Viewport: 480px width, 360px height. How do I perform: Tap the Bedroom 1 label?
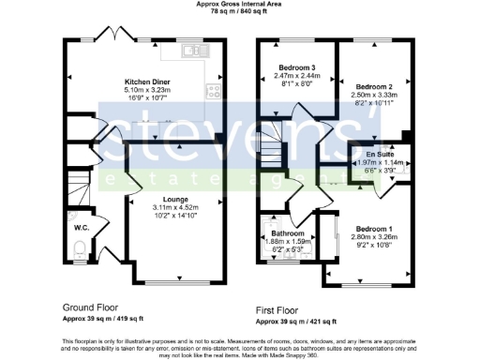point(376,228)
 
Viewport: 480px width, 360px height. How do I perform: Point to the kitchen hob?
point(213,91)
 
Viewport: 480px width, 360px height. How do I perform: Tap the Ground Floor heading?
point(91,307)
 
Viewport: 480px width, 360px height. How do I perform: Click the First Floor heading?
point(282,307)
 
